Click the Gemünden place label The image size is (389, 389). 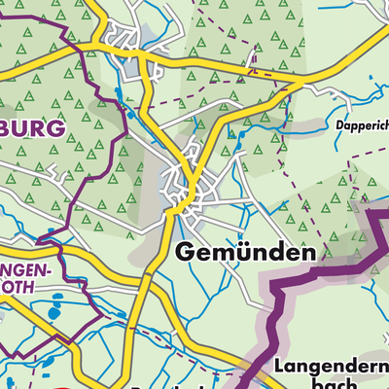click(x=247, y=252)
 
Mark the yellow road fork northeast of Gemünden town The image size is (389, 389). click(x=200, y=178)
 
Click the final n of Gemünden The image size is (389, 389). click(x=308, y=253)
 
